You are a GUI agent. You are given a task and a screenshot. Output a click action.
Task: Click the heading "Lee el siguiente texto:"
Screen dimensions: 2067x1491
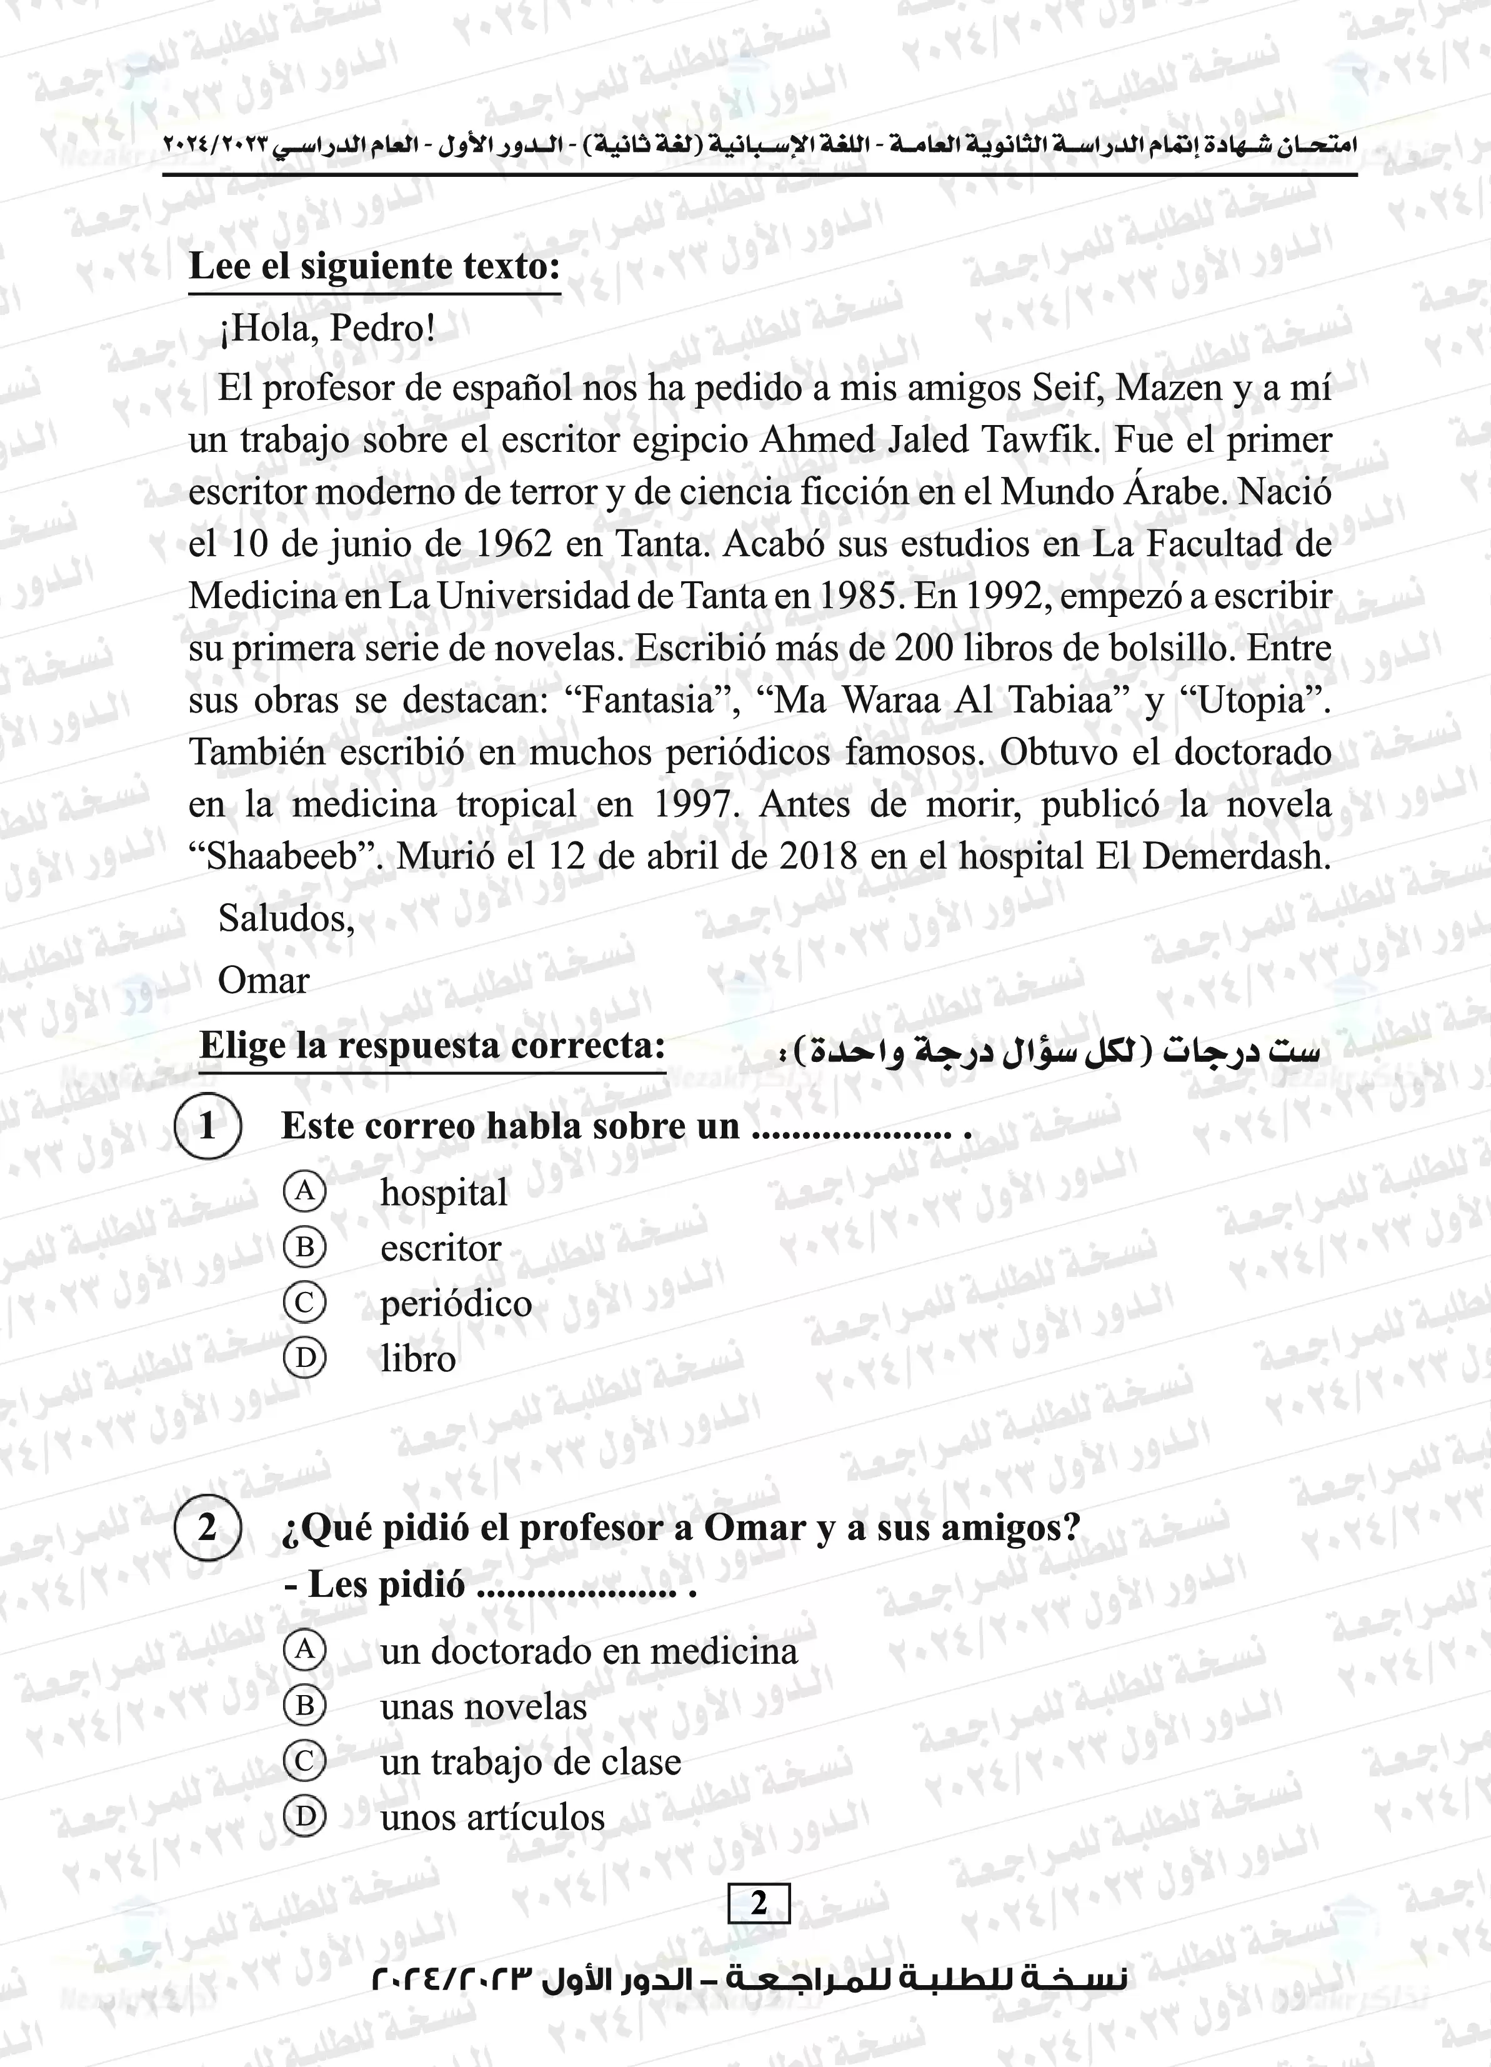374,266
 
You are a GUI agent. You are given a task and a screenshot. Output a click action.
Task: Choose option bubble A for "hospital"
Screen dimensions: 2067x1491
304,1191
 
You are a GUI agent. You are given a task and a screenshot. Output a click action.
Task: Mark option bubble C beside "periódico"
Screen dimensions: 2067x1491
304,1303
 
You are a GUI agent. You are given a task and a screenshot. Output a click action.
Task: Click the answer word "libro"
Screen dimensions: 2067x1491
417,1359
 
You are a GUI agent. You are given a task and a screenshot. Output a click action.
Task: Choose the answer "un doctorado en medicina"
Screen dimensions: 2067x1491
588,1651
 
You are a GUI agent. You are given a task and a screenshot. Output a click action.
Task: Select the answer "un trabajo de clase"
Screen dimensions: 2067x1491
531,1762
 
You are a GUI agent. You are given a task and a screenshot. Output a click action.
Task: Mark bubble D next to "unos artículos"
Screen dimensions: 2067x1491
304,1817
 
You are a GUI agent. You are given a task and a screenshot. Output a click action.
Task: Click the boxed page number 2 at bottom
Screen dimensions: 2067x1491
758,1904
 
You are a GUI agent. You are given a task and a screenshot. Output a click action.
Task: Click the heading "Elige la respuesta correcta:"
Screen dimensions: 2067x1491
432,1045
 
